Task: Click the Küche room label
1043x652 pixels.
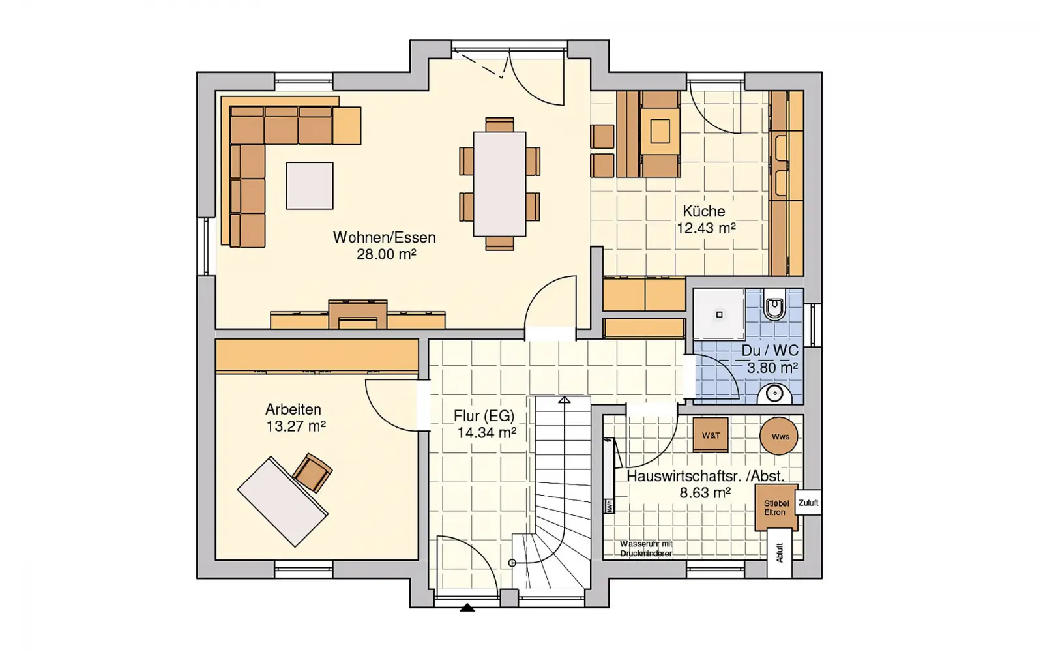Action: click(x=703, y=211)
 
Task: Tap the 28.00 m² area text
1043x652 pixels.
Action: click(x=386, y=254)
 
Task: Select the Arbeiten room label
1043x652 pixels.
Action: click(x=293, y=409)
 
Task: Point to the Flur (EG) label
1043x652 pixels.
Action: click(x=484, y=415)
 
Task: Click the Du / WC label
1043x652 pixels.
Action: click(x=770, y=351)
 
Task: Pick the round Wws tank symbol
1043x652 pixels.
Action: click(x=779, y=436)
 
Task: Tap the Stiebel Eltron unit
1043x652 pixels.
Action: click(x=776, y=508)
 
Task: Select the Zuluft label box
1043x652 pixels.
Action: click(x=808, y=503)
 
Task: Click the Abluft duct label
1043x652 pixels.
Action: click(x=780, y=554)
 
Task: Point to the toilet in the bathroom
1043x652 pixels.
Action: click(x=774, y=305)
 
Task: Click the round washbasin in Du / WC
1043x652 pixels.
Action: click(x=774, y=394)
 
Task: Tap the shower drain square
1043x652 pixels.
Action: click(x=720, y=315)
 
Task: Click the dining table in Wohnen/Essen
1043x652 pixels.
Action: click(x=499, y=184)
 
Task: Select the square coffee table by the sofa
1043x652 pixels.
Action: click(x=310, y=186)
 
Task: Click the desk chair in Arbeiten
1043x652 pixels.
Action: click(x=312, y=473)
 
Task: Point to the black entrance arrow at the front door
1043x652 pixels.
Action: click(x=467, y=607)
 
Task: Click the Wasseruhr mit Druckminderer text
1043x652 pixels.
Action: click(x=646, y=549)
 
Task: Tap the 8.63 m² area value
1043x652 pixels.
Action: click(x=705, y=493)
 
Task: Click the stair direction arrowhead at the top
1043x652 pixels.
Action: click(x=565, y=400)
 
